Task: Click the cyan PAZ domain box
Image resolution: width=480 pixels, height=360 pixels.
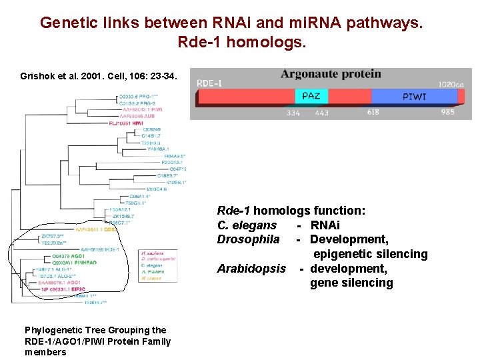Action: point(311,96)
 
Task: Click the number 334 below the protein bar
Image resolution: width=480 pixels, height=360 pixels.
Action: point(293,113)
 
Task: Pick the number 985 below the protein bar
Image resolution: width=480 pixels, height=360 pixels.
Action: point(447,112)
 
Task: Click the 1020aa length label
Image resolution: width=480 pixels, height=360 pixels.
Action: point(451,84)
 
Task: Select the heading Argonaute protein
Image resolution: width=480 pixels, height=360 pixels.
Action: point(331,74)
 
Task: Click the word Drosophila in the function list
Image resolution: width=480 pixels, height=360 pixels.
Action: point(248,239)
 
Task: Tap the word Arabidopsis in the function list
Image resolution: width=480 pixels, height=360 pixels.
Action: point(251,269)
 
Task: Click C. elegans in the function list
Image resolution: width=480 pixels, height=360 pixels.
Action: point(247,225)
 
